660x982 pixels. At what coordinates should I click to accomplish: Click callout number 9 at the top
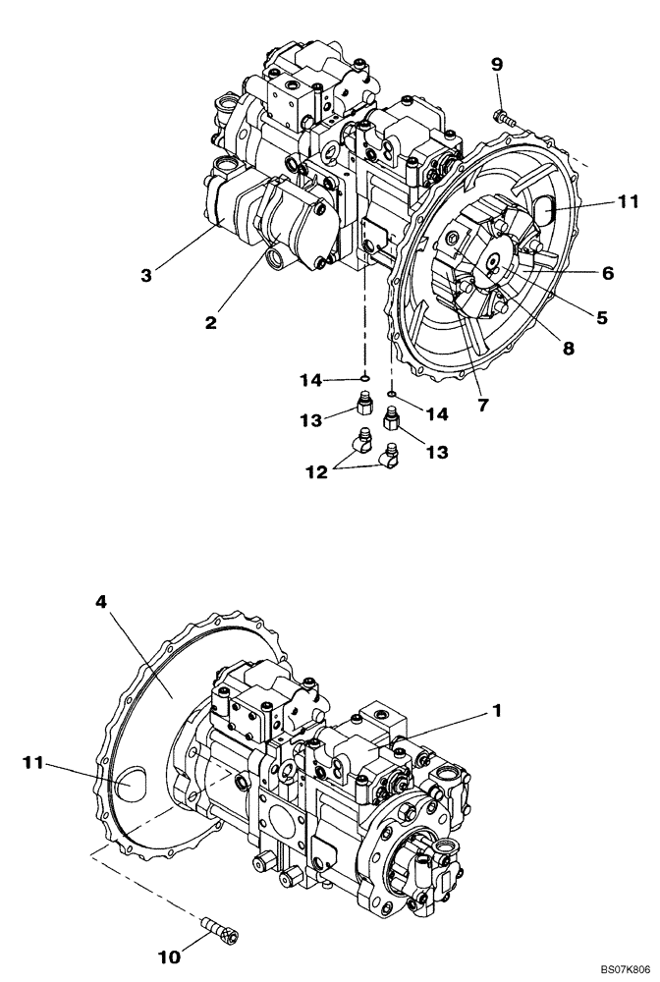[497, 65]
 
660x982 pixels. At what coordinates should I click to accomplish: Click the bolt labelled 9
[504, 117]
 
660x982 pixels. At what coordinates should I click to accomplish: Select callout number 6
[607, 274]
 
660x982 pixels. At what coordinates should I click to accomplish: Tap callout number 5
[602, 317]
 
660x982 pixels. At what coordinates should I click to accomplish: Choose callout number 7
[483, 404]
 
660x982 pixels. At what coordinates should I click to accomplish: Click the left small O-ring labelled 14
[363, 377]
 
